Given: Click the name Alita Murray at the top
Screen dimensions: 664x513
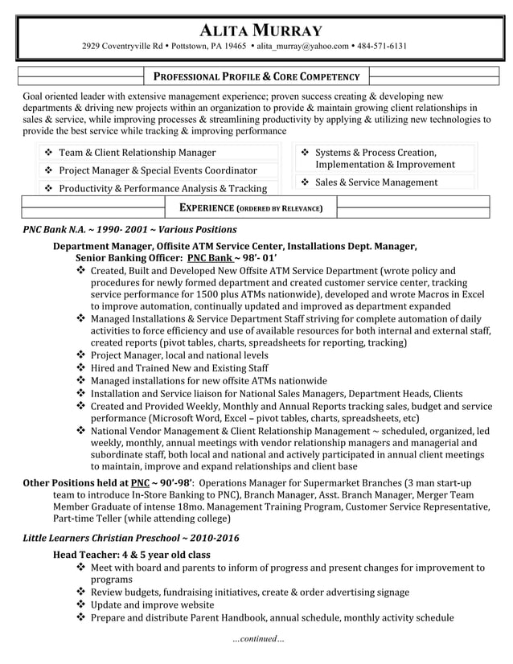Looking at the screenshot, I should (256, 31).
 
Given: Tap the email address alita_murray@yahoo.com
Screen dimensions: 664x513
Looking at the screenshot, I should (303, 47).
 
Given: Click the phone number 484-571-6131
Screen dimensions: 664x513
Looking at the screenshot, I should (382, 47).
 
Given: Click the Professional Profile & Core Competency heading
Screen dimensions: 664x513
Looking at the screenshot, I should (256, 77).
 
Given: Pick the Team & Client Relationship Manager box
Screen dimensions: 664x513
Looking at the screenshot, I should (137, 153).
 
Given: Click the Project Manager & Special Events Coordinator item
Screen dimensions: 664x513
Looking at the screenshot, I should (158, 170).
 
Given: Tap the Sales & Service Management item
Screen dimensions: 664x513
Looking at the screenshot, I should (376, 182).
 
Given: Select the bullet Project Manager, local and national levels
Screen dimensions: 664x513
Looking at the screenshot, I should (179, 354).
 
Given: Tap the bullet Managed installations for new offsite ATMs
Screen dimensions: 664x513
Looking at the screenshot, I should (208, 380).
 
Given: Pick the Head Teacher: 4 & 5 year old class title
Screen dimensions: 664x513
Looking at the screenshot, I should (131, 555).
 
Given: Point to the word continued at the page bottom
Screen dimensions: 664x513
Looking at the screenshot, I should (257, 640).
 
